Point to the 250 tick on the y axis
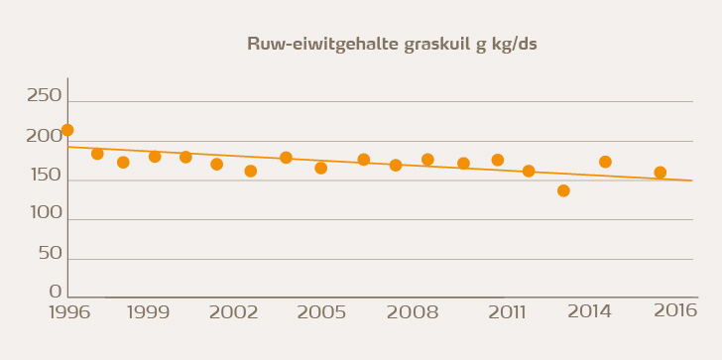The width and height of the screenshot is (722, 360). [44, 96]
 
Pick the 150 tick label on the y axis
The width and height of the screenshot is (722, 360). [44, 176]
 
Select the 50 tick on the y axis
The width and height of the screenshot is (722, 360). [50, 254]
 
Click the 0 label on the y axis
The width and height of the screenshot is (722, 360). [56, 292]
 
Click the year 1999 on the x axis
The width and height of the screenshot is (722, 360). [148, 312]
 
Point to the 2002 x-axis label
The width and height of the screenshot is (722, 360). [234, 312]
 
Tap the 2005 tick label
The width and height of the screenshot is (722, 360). [321, 312]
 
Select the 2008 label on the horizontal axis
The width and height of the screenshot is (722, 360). [413, 312]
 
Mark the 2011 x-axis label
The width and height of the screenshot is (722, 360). [507, 312]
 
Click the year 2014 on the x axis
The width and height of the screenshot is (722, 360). [589, 312]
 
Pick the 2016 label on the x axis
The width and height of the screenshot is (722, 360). [675, 312]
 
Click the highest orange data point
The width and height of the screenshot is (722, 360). [67, 130]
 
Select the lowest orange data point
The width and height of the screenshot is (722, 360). [563, 190]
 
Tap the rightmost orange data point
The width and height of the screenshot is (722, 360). [661, 173]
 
